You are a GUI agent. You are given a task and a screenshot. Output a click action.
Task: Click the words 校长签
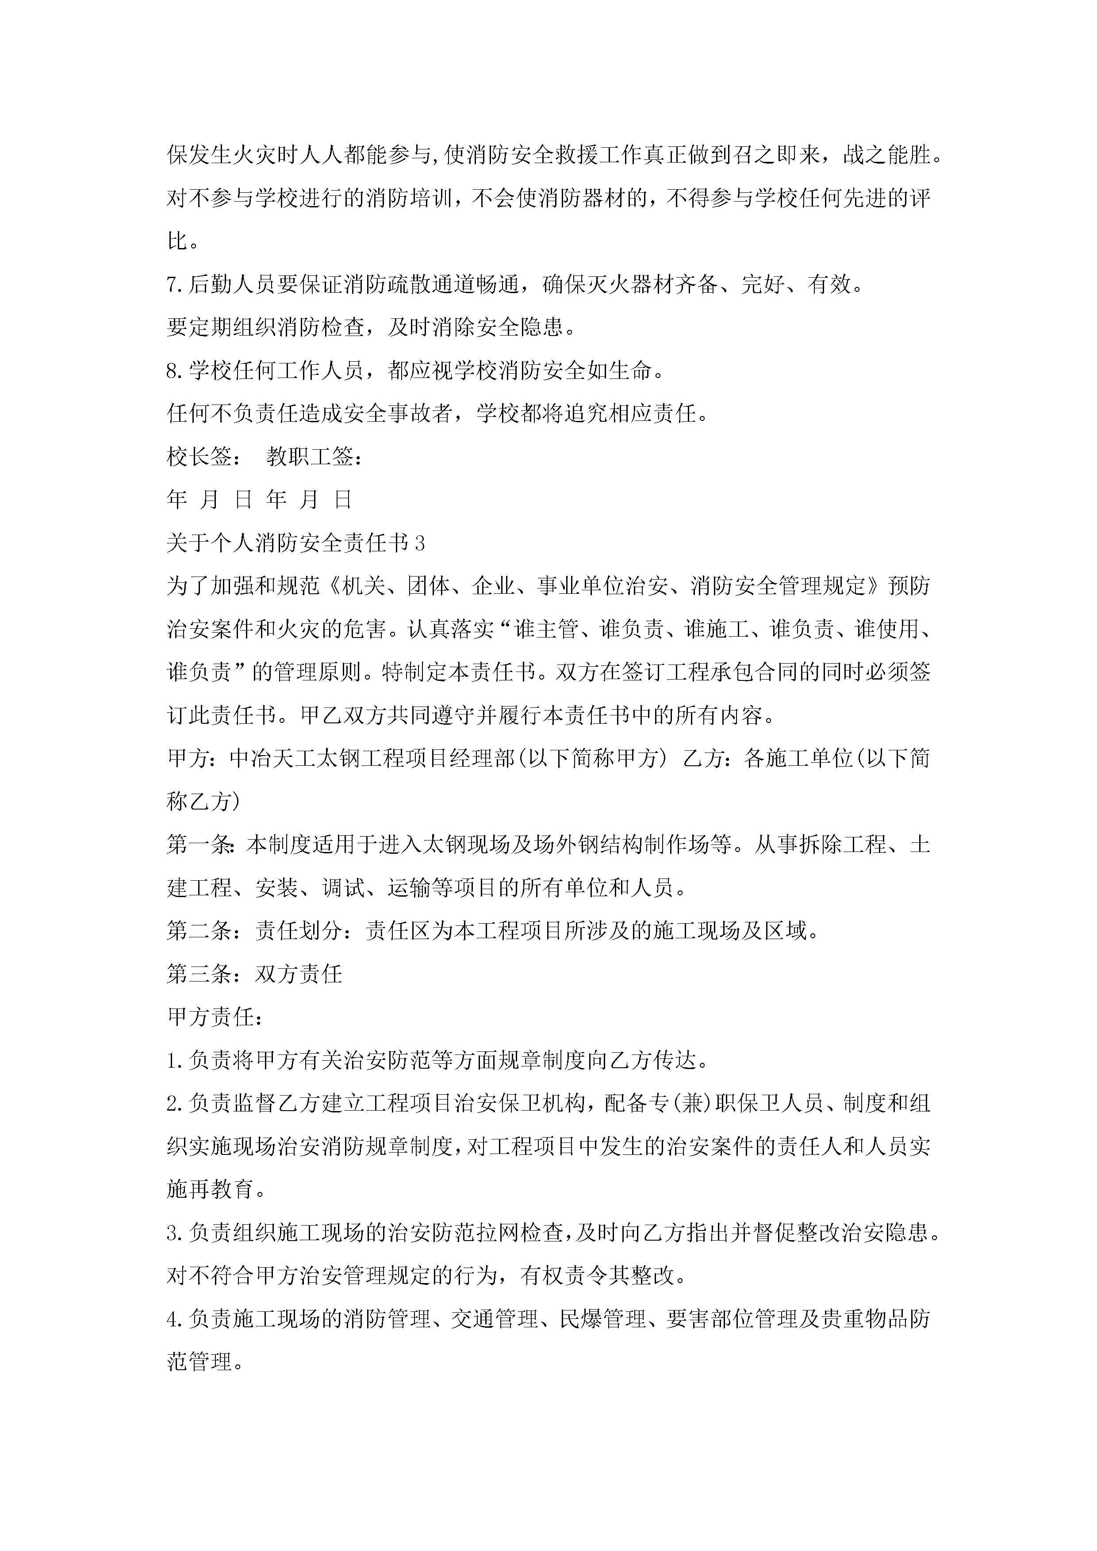pyautogui.click(x=199, y=457)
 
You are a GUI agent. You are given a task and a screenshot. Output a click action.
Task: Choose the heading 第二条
pyautogui.click(x=199, y=932)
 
